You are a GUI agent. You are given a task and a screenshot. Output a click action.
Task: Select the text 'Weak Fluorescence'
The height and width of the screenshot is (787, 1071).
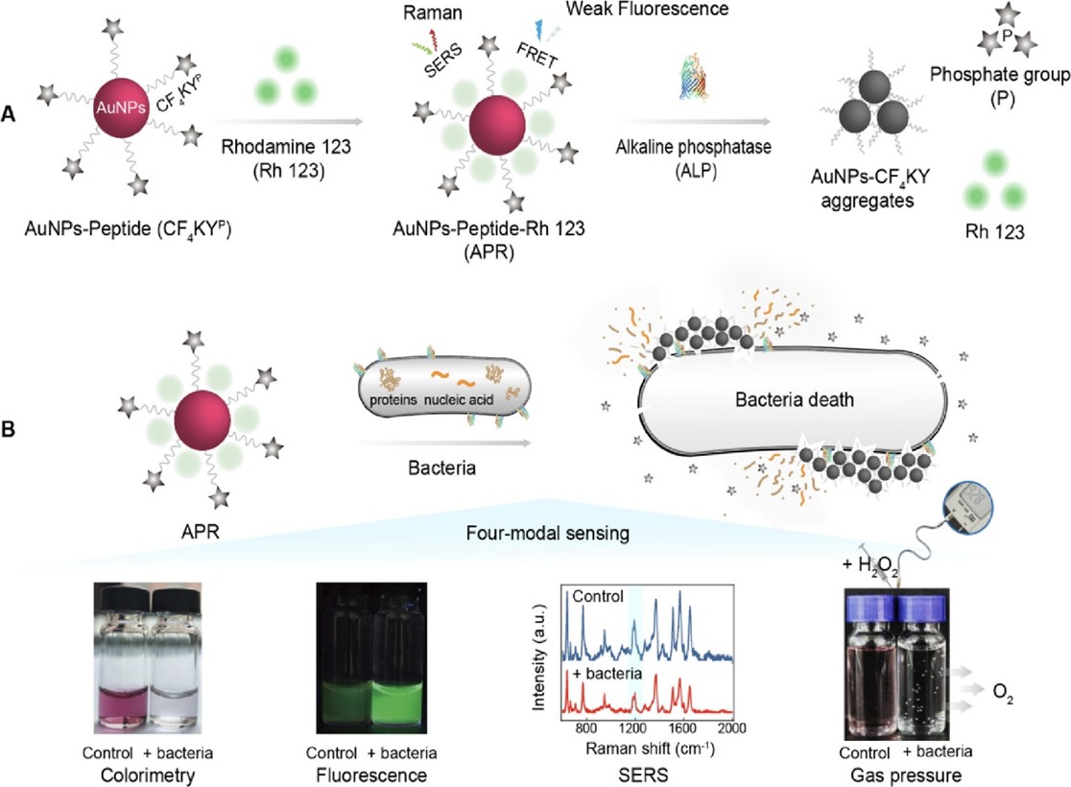[662, 11]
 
